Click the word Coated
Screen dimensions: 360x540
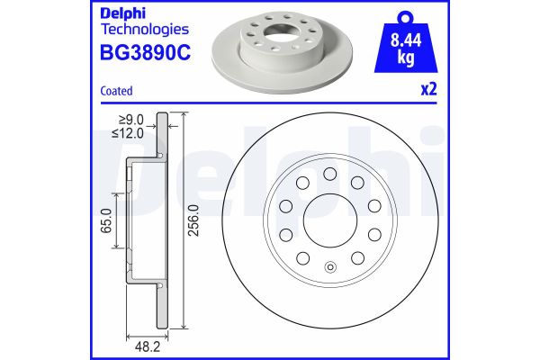coord(115,91)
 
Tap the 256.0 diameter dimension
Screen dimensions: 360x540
coord(193,220)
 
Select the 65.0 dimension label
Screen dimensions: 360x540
coord(107,220)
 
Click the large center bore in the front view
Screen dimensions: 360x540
coord(329,220)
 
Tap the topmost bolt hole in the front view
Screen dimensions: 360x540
coord(329,173)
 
